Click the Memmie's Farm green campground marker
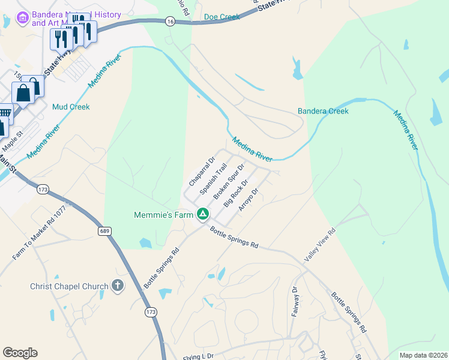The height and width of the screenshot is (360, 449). (203, 214)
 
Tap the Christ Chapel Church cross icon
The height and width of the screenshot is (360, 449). (117, 286)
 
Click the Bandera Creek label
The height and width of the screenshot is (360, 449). (323, 111)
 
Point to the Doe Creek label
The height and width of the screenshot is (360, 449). (221, 17)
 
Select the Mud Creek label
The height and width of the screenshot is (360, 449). (71, 107)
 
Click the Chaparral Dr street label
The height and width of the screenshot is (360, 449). (202, 172)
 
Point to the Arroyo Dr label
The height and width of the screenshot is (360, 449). (248, 200)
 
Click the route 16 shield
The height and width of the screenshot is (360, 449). (170, 21)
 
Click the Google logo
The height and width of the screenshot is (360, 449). (20, 352)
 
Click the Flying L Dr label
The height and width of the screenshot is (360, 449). (199, 356)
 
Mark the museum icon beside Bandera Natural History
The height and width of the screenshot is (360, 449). (23, 19)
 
